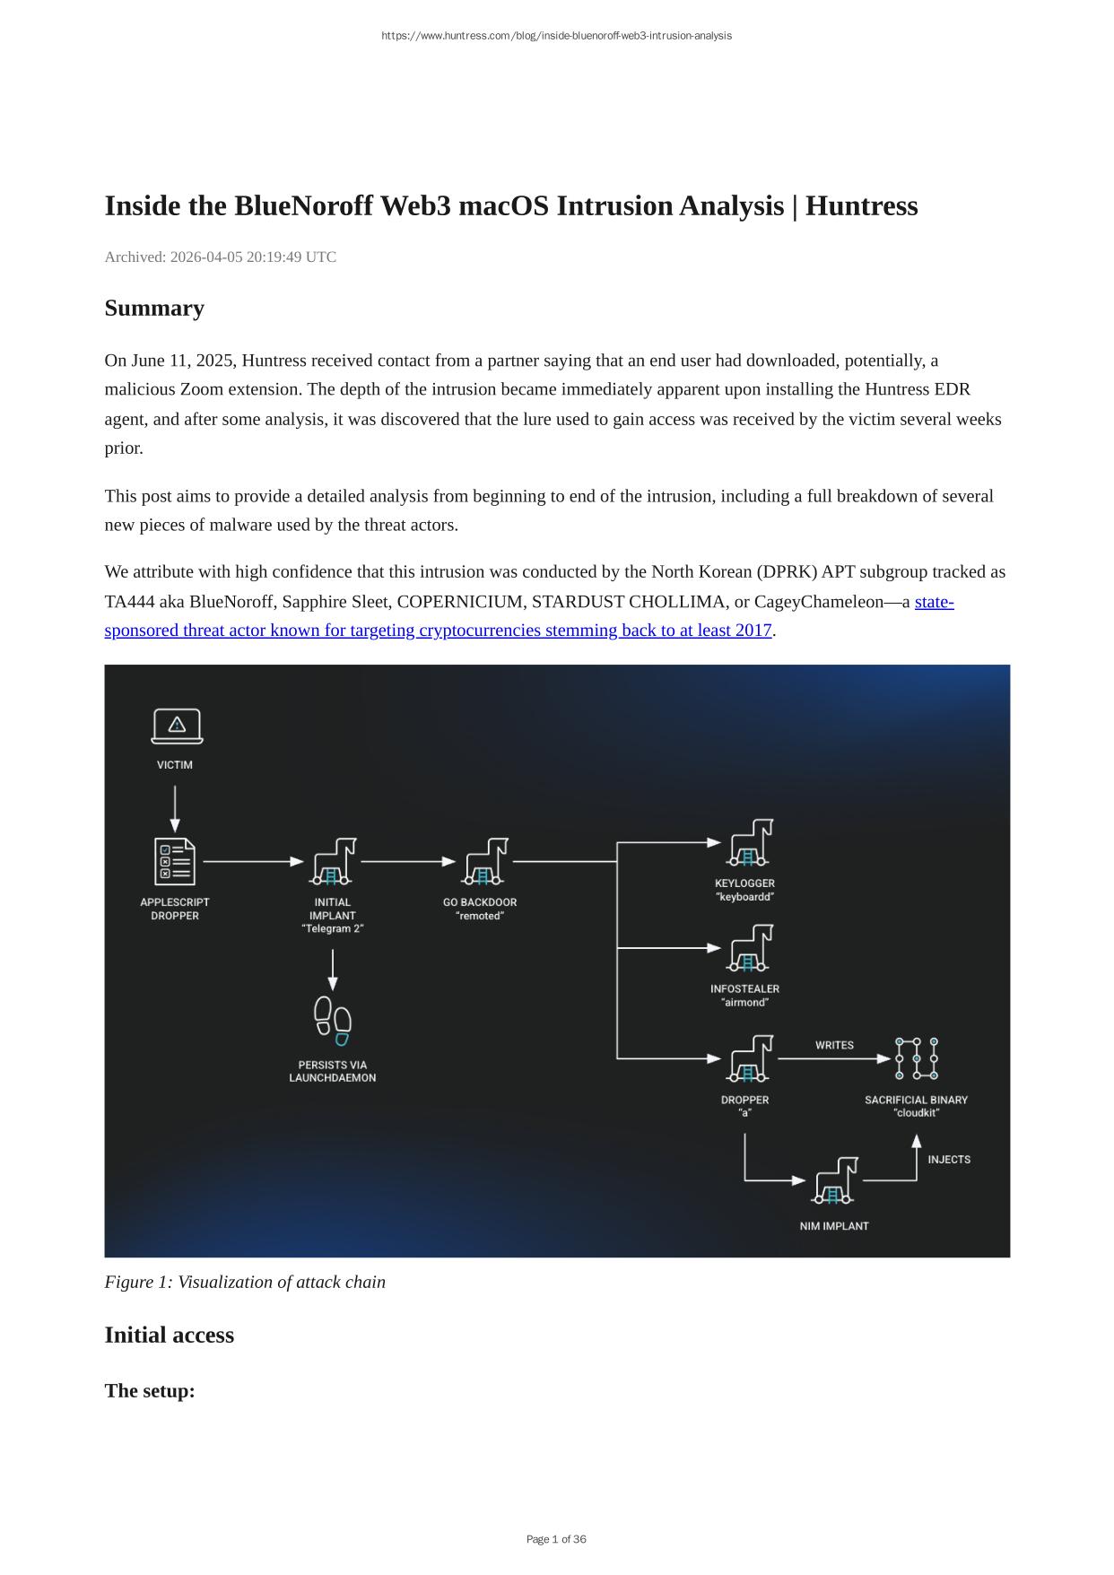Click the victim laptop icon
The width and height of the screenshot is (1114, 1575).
(x=177, y=727)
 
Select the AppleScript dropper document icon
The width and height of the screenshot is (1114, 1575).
(x=175, y=861)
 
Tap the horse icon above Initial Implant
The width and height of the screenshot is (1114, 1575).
(x=333, y=861)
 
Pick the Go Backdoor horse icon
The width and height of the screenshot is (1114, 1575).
(x=484, y=861)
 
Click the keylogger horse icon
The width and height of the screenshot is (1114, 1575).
(x=749, y=842)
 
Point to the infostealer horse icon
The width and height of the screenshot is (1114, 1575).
(x=749, y=949)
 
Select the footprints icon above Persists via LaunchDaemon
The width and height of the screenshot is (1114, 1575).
(x=333, y=1021)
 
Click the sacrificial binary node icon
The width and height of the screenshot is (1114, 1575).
(x=916, y=1058)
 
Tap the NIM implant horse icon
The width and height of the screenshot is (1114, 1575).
(x=835, y=1181)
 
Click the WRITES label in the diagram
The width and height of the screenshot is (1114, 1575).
(x=834, y=1045)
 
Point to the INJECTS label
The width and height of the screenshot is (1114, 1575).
(x=949, y=1160)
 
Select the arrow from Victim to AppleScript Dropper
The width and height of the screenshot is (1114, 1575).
(x=175, y=809)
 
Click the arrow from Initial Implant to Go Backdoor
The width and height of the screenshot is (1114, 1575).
(x=408, y=861)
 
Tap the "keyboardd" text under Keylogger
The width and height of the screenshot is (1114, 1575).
(x=744, y=897)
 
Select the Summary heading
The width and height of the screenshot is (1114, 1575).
(x=154, y=308)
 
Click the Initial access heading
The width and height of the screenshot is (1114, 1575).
(x=169, y=1335)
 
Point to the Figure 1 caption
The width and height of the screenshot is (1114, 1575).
(x=245, y=1282)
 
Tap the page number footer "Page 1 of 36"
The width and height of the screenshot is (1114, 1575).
(x=556, y=1539)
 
